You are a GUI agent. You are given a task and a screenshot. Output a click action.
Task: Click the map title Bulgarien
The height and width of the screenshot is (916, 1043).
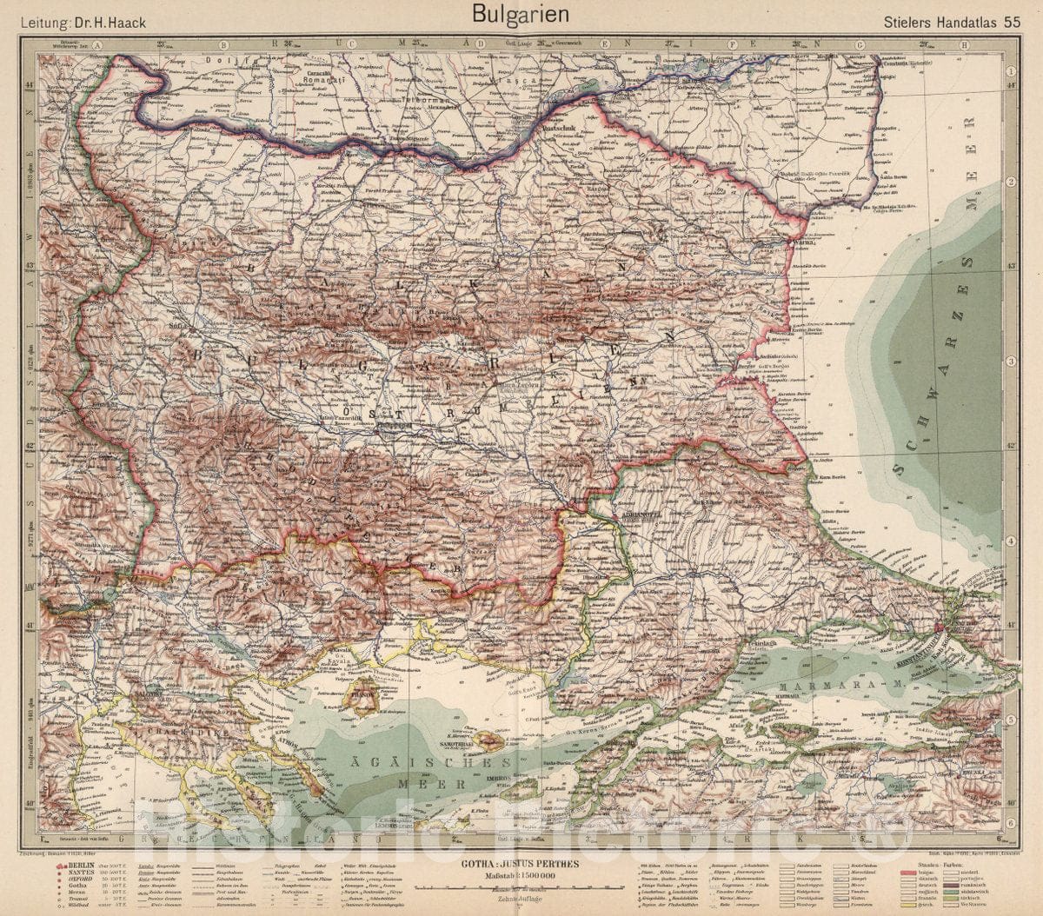coord(521,15)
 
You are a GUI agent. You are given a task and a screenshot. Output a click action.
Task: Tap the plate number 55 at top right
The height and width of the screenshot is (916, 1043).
coord(1012,22)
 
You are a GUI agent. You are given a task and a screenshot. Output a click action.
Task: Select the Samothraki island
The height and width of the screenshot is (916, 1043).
coord(488,740)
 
